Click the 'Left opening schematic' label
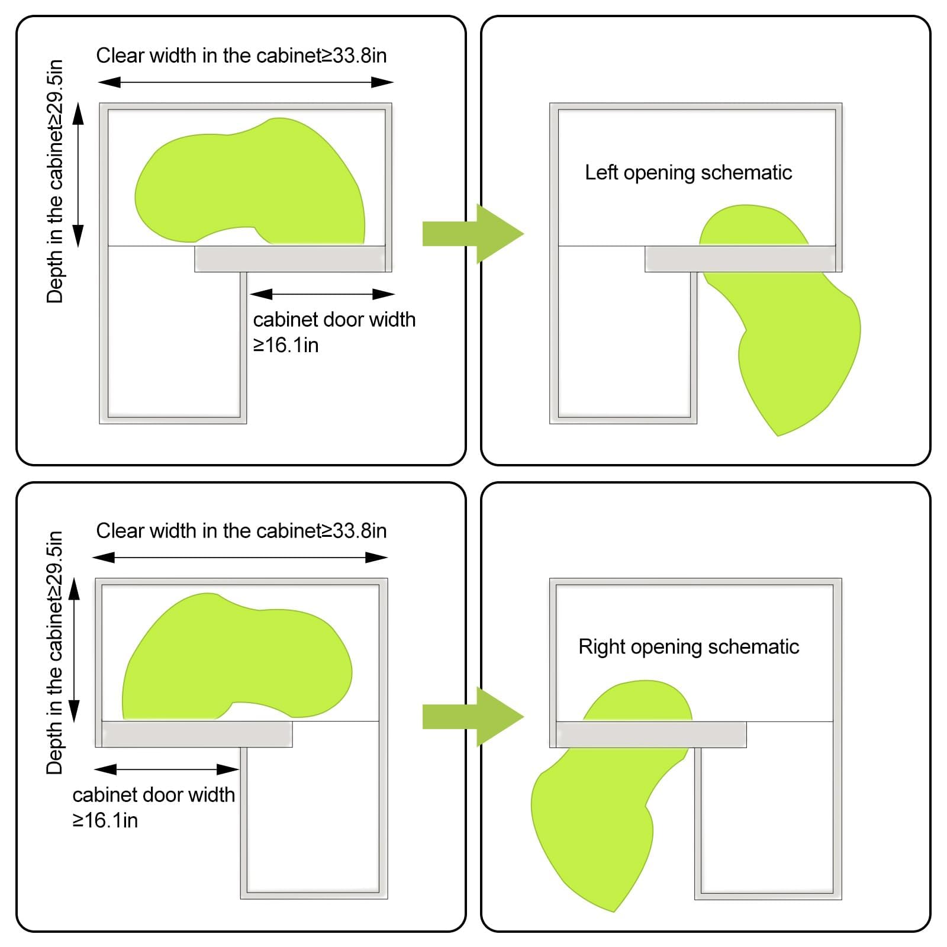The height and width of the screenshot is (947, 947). tap(688, 173)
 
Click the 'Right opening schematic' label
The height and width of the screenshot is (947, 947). tap(689, 647)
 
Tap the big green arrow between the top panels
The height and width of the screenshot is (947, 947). tap(473, 234)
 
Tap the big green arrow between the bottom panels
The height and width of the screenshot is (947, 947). tap(473, 717)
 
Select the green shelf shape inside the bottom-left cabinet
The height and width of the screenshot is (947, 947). tap(237, 657)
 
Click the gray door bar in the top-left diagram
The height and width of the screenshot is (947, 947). tap(290, 259)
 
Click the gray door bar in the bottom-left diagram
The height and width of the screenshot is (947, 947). tap(197, 734)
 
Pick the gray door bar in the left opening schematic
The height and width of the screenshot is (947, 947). tap(740, 259)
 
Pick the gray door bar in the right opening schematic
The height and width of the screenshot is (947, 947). tap(651, 735)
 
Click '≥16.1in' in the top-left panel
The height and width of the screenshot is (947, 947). tap(286, 345)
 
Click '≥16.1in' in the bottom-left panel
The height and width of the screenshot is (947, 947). tap(105, 820)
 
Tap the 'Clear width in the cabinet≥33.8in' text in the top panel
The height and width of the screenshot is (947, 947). tap(241, 56)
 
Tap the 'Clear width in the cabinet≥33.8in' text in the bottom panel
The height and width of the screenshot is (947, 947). tap(241, 531)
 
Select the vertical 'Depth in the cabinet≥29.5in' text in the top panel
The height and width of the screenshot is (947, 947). tap(54, 181)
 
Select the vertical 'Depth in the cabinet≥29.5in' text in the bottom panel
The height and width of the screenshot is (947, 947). tap(54, 653)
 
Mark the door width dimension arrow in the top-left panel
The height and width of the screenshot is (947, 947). tap(322, 294)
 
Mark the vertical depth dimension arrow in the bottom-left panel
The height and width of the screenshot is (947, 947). tap(75, 650)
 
